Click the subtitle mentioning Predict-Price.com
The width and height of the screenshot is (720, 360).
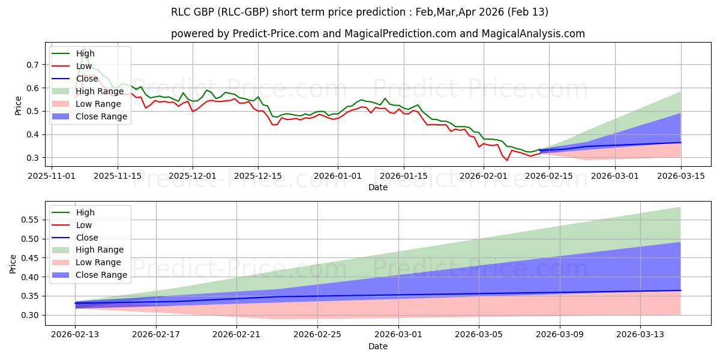coord(378,34)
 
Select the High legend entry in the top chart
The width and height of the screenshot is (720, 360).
coord(85,54)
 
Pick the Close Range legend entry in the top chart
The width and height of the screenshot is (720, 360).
coord(102,116)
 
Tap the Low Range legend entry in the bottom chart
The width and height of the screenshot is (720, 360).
coord(99,262)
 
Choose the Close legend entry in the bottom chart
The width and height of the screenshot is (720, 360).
coord(87,238)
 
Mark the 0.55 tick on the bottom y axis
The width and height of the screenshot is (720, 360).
coord(30,220)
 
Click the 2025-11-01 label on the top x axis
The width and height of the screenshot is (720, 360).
coord(52,176)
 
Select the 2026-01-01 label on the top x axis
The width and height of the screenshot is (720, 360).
coord(338,176)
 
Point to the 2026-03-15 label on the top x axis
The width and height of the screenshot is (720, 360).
coord(681,176)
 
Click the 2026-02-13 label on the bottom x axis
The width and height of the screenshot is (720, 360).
coord(75,335)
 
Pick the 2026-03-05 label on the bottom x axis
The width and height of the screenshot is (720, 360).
coord(479,335)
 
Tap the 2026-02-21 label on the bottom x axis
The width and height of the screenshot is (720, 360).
coord(236,335)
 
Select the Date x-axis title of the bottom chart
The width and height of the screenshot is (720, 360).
coord(378,346)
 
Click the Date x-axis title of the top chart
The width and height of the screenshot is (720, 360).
coord(378,187)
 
